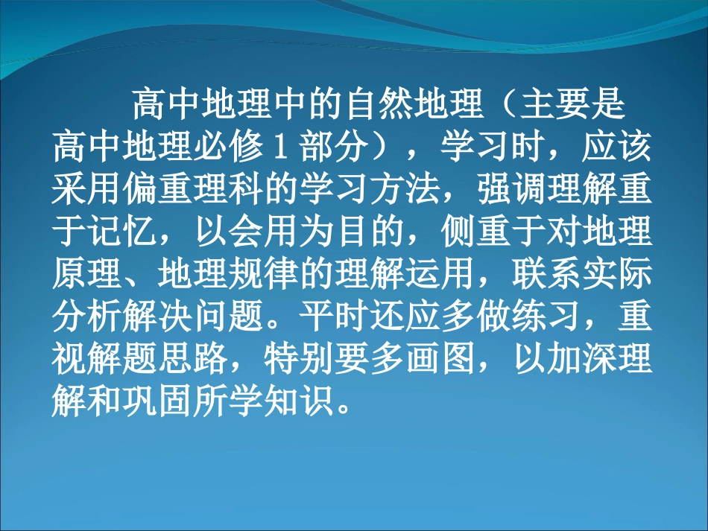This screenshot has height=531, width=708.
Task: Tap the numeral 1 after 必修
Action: click(282, 147)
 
